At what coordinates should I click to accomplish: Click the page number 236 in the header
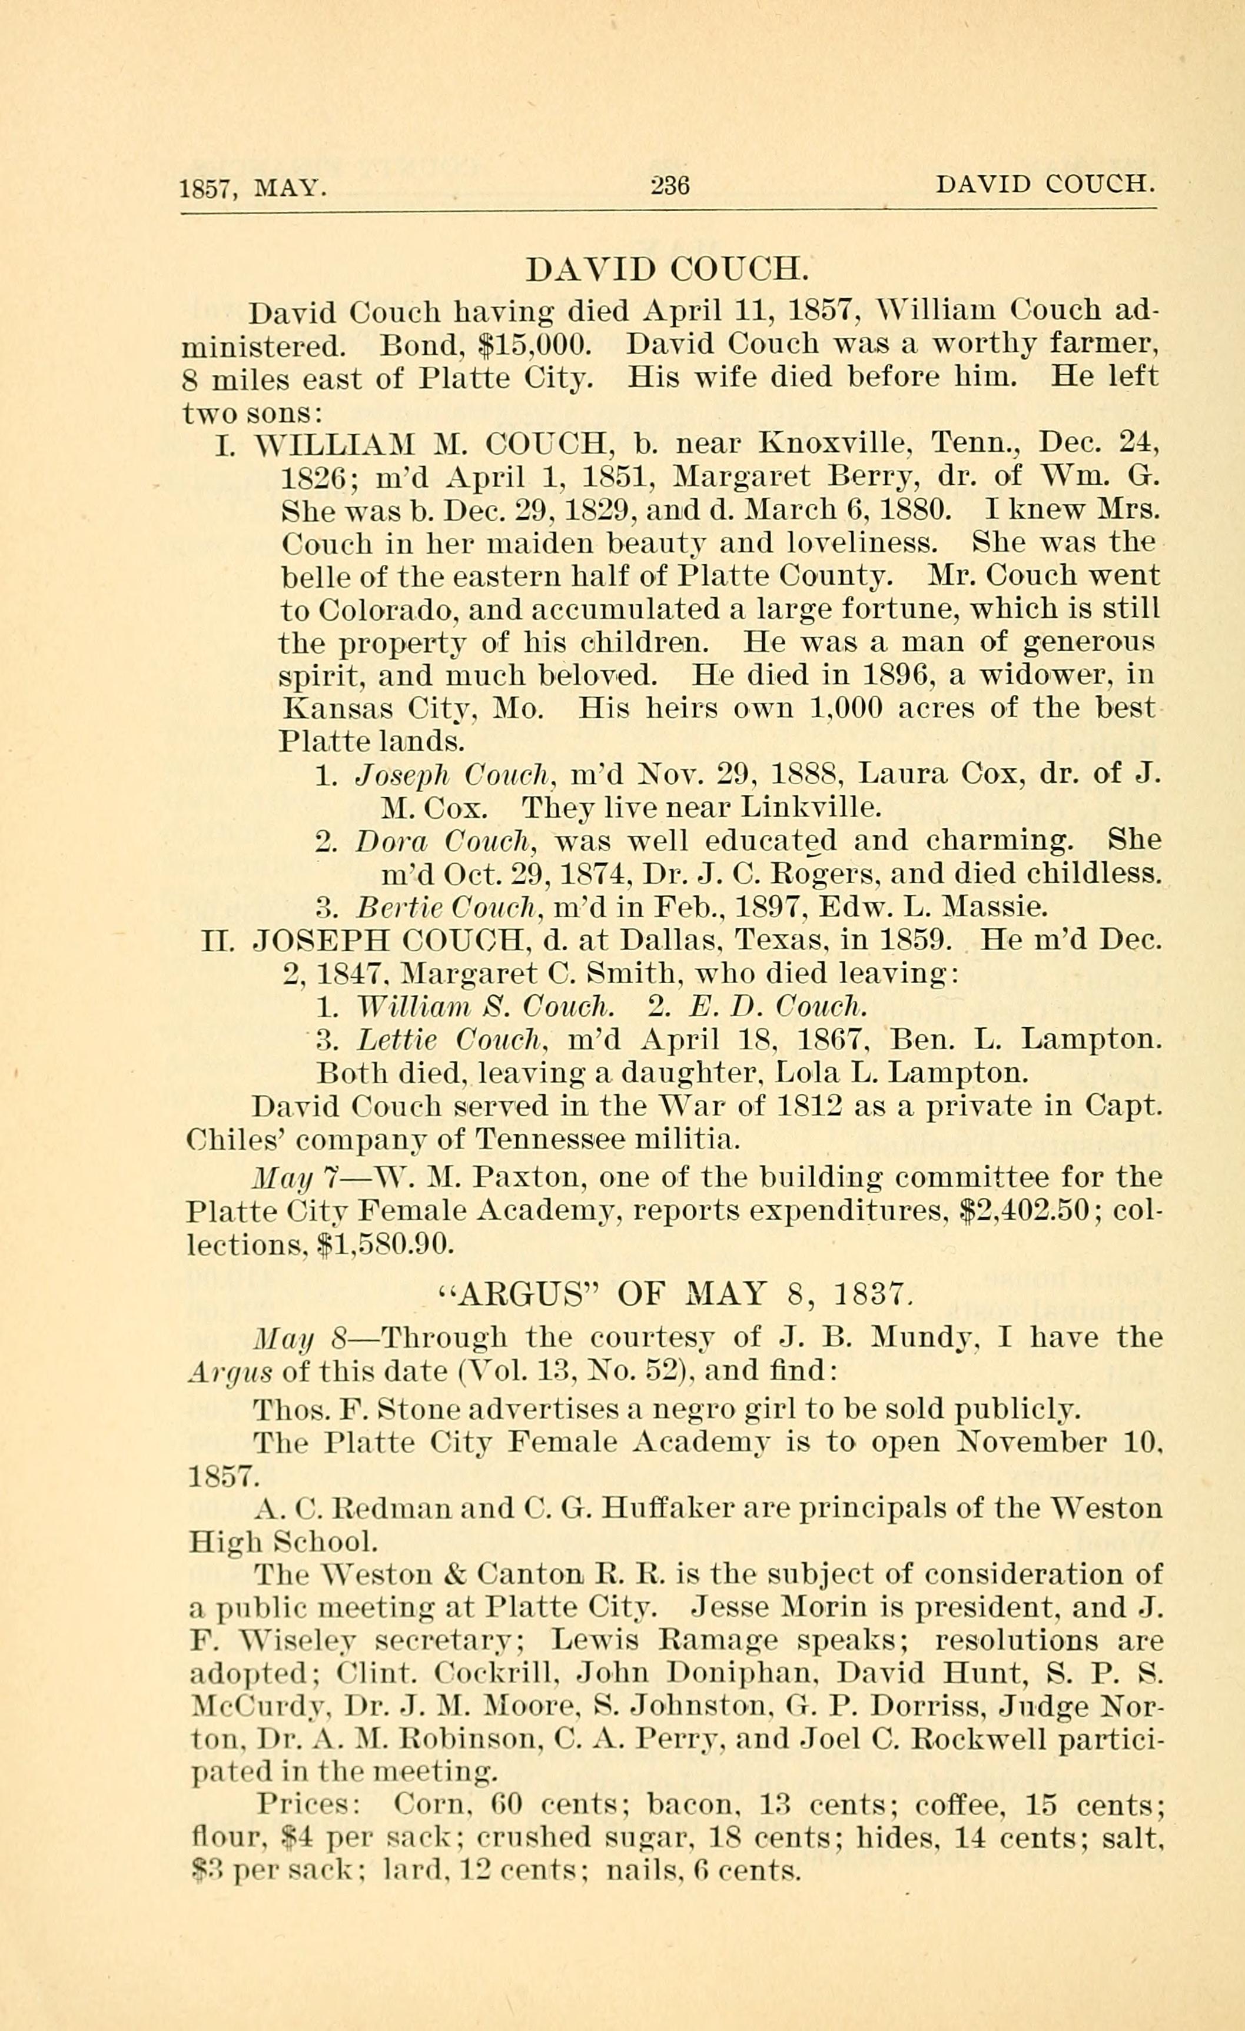click(x=669, y=185)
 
